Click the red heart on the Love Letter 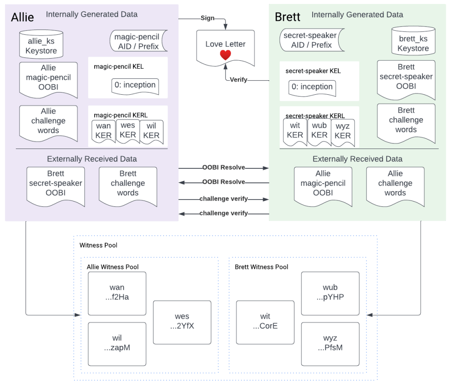(225, 55)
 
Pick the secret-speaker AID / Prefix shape (310, 40)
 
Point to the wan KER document (104, 131)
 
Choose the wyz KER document (342, 131)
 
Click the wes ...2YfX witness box (182, 322)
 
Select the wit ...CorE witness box (265, 322)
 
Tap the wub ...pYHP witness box (330, 293)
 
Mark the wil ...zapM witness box (117, 343)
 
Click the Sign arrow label (208, 18)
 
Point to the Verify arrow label (238, 80)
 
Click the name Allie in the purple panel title (22, 18)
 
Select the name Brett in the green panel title (287, 17)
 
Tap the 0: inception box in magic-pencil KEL (135, 85)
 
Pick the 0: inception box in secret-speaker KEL (312, 87)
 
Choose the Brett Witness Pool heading (262, 267)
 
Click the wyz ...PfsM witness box (330, 343)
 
